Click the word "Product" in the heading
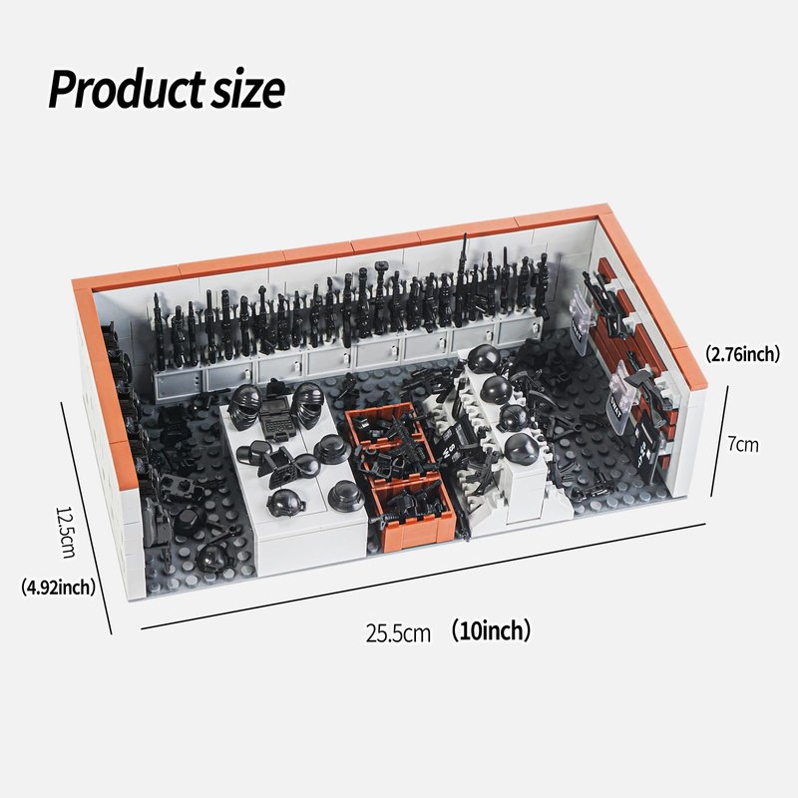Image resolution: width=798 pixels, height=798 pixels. tap(127, 89)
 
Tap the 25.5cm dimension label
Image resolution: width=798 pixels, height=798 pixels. tap(398, 633)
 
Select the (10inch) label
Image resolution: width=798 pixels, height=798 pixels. tap(491, 630)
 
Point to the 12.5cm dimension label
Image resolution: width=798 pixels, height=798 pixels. tap(65, 533)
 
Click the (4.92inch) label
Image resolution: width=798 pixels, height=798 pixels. tap(58, 588)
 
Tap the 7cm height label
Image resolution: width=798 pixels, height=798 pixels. tap(743, 444)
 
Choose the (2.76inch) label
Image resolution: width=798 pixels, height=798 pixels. tap(742, 354)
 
